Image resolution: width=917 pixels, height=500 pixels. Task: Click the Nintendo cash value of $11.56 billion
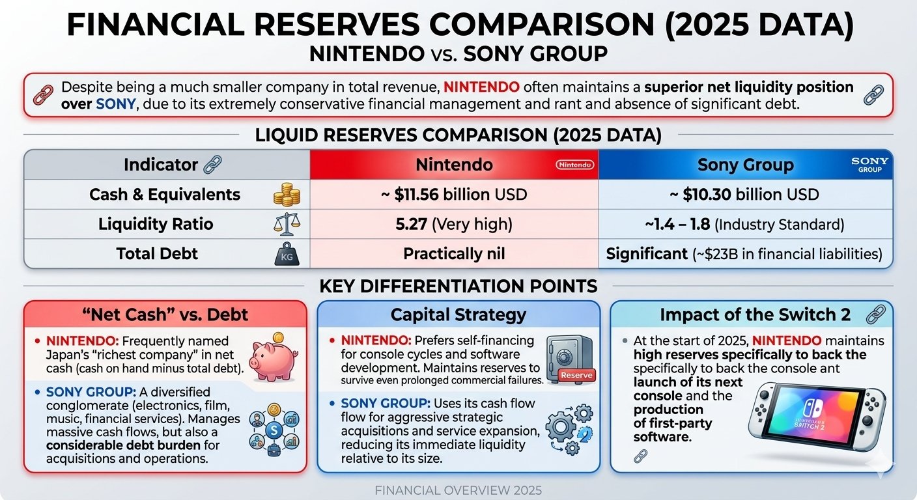454,194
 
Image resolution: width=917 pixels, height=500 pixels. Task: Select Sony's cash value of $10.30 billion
745,194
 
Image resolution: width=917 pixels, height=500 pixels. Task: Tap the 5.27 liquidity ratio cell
454,225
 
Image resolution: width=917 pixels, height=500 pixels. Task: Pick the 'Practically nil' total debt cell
454,253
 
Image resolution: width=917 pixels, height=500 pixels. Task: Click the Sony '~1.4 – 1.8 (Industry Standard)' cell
745,225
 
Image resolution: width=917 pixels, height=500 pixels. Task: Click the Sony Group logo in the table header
869,165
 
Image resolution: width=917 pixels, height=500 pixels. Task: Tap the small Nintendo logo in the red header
575,165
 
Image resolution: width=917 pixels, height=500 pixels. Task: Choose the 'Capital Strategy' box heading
458,315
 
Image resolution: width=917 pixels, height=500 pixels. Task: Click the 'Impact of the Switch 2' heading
755,315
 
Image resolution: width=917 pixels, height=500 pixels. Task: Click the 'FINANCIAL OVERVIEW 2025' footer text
458,490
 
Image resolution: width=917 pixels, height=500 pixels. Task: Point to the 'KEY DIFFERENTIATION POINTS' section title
458,286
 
